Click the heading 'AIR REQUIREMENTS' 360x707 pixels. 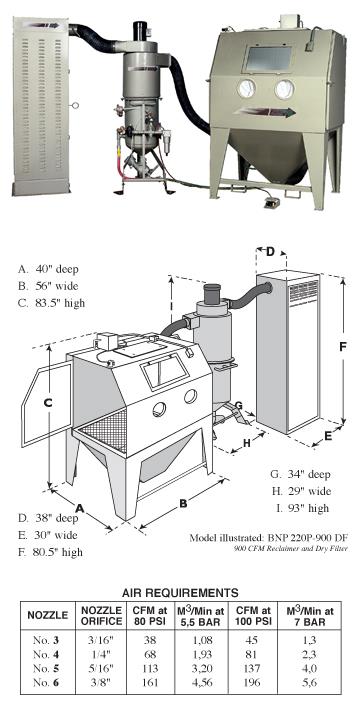(180, 592)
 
